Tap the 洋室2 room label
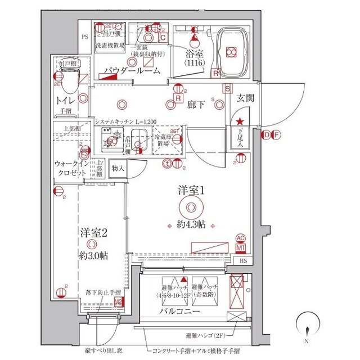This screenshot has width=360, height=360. pyautogui.click(x=93, y=231)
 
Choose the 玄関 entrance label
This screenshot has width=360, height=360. pyautogui.click(x=246, y=98)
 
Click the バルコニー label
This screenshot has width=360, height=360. pyautogui.click(x=179, y=310)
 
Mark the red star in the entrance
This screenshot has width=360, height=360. pyautogui.click(x=240, y=121)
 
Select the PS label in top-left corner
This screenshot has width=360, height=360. pyautogui.click(x=85, y=38)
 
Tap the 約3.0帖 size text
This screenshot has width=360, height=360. pyautogui.click(x=93, y=255)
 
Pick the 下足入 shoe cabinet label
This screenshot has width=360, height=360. pyautogui.click(x=238, y=138)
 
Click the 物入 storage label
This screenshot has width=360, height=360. pyautogui.click(x=118, y=167)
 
